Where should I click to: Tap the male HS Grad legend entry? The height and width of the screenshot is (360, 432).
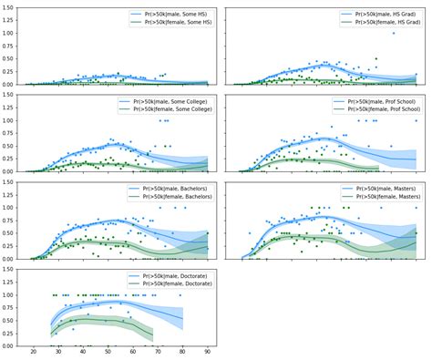[377, 15]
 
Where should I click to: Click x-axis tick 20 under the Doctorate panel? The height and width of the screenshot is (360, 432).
[33, 353]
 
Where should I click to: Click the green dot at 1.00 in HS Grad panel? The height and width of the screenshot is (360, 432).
[394, 33]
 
